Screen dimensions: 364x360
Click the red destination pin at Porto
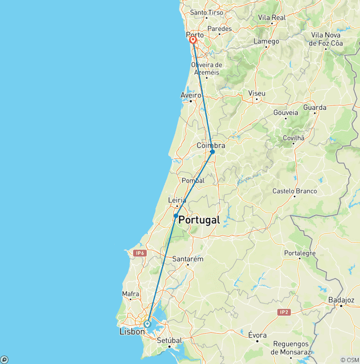(193, 40)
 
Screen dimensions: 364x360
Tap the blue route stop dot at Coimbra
(212, 152)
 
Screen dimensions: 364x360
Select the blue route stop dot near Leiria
(176, 216)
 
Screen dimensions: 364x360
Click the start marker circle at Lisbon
(147, 324)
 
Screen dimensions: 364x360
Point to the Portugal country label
(199, 220)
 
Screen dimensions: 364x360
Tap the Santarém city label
(187, 258)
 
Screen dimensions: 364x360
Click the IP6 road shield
(140, 253)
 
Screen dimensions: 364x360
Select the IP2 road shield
(284, 312)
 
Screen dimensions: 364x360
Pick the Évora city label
(257, 335)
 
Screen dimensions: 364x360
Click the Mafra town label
(130, 294)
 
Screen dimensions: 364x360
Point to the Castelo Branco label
(295, 191)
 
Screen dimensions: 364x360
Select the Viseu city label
(257, 93)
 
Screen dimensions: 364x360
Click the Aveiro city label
(191, 95)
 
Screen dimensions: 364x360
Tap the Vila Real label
(272, 17)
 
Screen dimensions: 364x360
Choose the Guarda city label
(315, 107)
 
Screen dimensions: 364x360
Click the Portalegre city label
(300, 253)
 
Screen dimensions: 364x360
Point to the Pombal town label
(193, 181)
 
